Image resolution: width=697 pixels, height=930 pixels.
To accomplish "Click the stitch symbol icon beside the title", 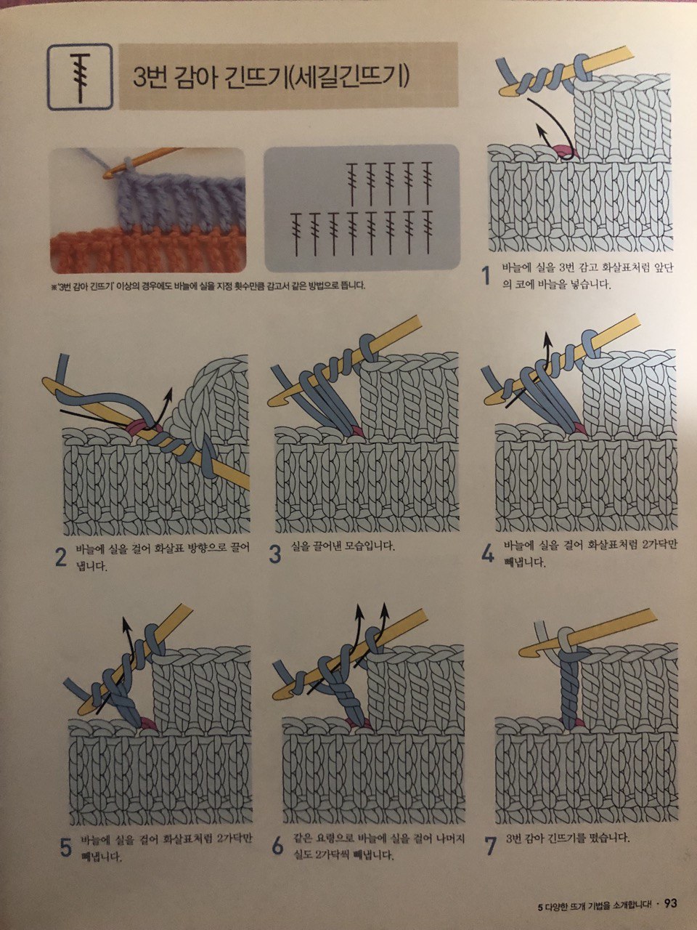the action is tap(80, 77).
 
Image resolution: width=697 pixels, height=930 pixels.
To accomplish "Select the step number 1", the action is tap(486, 276).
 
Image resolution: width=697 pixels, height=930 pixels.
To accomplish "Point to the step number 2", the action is tap(61, 558).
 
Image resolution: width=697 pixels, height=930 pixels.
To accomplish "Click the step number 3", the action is tap(275, 554).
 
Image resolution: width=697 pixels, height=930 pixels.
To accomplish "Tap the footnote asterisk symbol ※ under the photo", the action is tap(53, 287).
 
